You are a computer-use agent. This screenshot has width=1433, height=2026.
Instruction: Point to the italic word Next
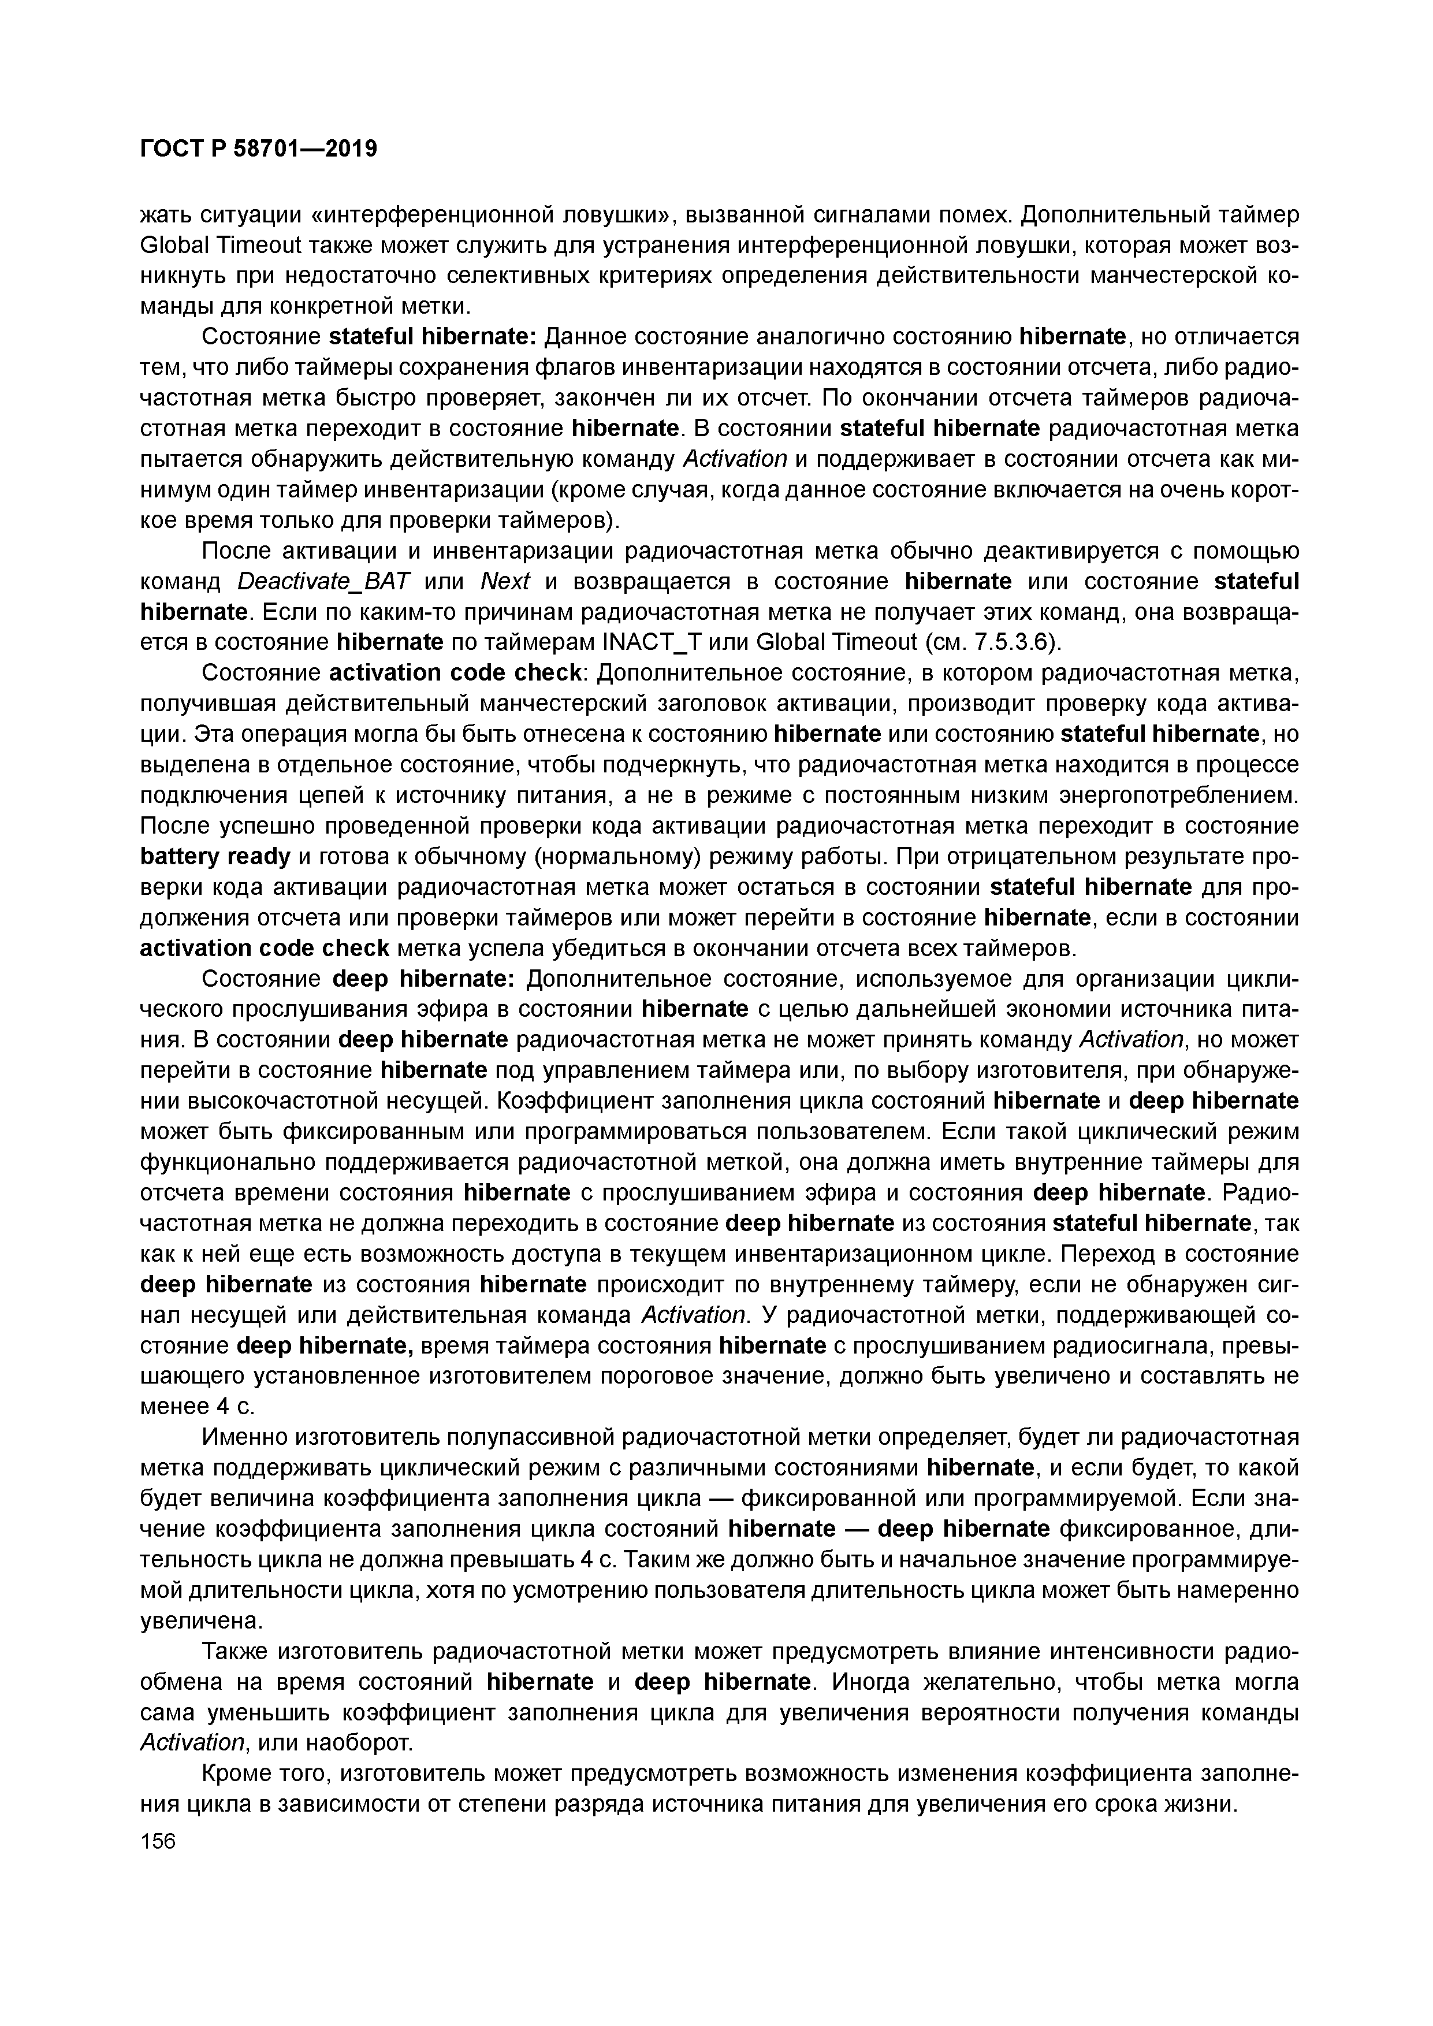tap(505, 582)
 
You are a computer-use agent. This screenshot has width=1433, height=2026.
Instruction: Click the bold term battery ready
tap(215, 856)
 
